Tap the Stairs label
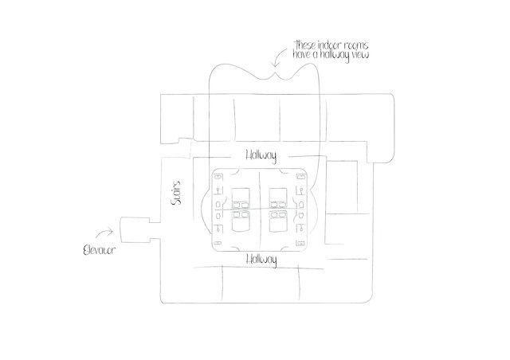(179, 194)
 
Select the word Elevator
(100, 249)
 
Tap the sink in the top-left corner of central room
(218, 177)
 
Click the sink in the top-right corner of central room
(300, 177)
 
